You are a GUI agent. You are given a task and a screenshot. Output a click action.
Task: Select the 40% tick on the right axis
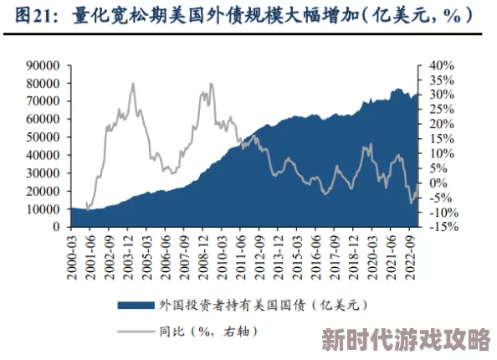click(x=443, y=65)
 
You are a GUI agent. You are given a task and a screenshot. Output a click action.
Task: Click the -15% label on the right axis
click(x=444, y=227)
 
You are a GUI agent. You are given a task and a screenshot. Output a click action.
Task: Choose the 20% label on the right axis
click(x=443, y=124)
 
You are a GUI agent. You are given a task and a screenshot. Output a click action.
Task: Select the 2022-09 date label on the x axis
click(x=409, y=253)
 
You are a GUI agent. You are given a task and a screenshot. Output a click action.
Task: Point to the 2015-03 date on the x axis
click(x=298, y=253)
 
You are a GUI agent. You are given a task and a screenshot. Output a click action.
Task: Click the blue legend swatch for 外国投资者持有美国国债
click(x=134, y=306)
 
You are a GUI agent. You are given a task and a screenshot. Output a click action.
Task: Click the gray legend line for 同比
click(x=134, y=332)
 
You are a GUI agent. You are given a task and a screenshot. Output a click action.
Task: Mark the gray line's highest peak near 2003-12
click(x=132, y=84)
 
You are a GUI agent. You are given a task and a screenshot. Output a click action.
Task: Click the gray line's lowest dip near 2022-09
click(x=411, y=203)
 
